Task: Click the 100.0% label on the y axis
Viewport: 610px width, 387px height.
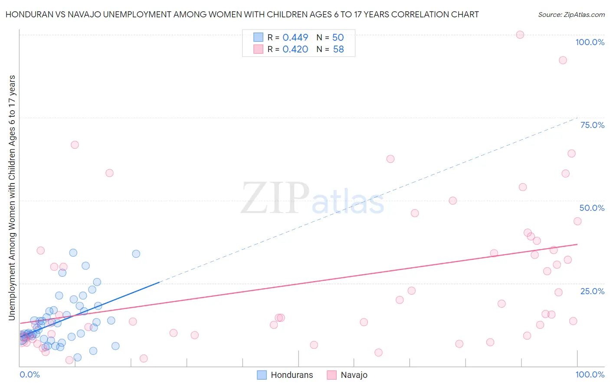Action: pyautogui.click(x=590, y=42)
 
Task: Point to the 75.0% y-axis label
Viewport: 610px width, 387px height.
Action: pyautogui.click(x=592, y=125)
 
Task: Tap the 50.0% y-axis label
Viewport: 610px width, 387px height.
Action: pyautogui.click(x=592, y=208)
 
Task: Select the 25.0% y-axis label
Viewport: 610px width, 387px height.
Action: pyautogui.click(x=592, y=291)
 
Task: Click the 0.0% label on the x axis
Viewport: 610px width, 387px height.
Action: pyautogui.click(x=30, y=374)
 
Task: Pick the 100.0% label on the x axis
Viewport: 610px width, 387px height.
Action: pyautogui.click(x=590, y=374)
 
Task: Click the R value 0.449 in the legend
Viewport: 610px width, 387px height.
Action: pyautogui.click(x=295, y=38)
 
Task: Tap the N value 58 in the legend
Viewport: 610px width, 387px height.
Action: pyautogui.click(x=338, y=49)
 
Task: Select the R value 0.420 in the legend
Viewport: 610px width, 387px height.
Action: pyautogui.click(x=295, y=49)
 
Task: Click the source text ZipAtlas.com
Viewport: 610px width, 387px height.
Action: pyautogui.click(x=571, y=15)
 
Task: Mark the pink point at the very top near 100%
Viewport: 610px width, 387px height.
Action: pyautogui.click(x=520, y=35)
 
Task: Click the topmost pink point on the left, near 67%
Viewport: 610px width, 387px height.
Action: pyautogui.click(x=75, y=145)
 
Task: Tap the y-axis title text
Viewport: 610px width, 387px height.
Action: pyautogui.click(x=12, y=198)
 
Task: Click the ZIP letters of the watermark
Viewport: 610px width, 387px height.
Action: pyautogui.click(x=275, y=199)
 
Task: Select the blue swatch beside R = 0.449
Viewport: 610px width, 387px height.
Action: pyautogui.click(x=258, y=37)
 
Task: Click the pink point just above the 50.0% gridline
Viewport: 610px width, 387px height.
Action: pyautogui.click(x=453, y=200)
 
